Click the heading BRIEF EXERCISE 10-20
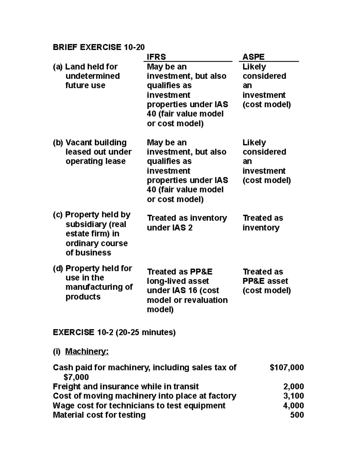(98, 47)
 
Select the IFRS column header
(156, 57)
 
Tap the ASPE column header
(253, 57)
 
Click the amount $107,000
(286, 367)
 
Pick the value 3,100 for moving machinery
(293, 396)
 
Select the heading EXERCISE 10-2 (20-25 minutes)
(114, 332)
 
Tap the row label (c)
(58, 215)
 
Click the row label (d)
(58, 268)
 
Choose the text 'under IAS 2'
(169, 228)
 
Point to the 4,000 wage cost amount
(293, 405)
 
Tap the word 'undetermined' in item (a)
(92, 76)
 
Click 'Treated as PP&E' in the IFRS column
(179, 272)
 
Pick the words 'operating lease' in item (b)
(95, 161)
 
